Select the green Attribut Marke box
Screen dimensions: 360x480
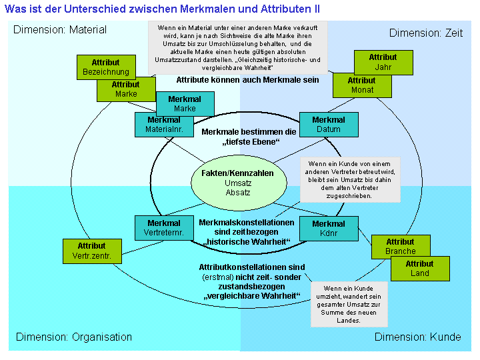tap(125, 90)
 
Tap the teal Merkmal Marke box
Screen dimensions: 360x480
tap(185, 103)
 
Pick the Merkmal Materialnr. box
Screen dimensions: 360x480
tap(163, 124)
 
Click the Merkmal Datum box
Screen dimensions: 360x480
tap(329, 124)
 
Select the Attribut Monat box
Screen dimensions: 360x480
tap(361, 85)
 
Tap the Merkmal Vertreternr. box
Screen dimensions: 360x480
tap(163, 228)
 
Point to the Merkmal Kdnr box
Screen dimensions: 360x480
tap(329, 228)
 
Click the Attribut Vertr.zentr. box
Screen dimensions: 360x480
tap(91, 251)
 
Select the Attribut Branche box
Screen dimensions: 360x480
tap(400, 246)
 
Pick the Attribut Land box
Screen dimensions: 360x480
tap(420, 269)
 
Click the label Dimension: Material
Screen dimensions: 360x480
tap(60, 30)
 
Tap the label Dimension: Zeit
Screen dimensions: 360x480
tap(425, 33)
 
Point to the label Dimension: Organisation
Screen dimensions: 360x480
tap(74, 337)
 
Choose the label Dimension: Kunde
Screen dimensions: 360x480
tap(417, 337)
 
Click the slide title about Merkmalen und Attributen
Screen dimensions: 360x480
tap(162, 9)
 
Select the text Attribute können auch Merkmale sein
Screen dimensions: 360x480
tap(247, 79)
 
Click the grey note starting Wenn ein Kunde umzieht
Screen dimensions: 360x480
tap(349, 304)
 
